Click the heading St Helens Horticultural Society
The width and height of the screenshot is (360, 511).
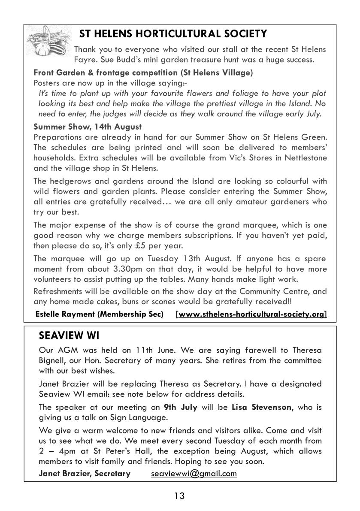173,34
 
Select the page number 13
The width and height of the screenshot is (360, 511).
179,496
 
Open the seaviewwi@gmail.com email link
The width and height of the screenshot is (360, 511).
194,474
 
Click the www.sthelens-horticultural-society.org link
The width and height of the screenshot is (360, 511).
251,314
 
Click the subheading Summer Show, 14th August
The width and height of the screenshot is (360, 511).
88,127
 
